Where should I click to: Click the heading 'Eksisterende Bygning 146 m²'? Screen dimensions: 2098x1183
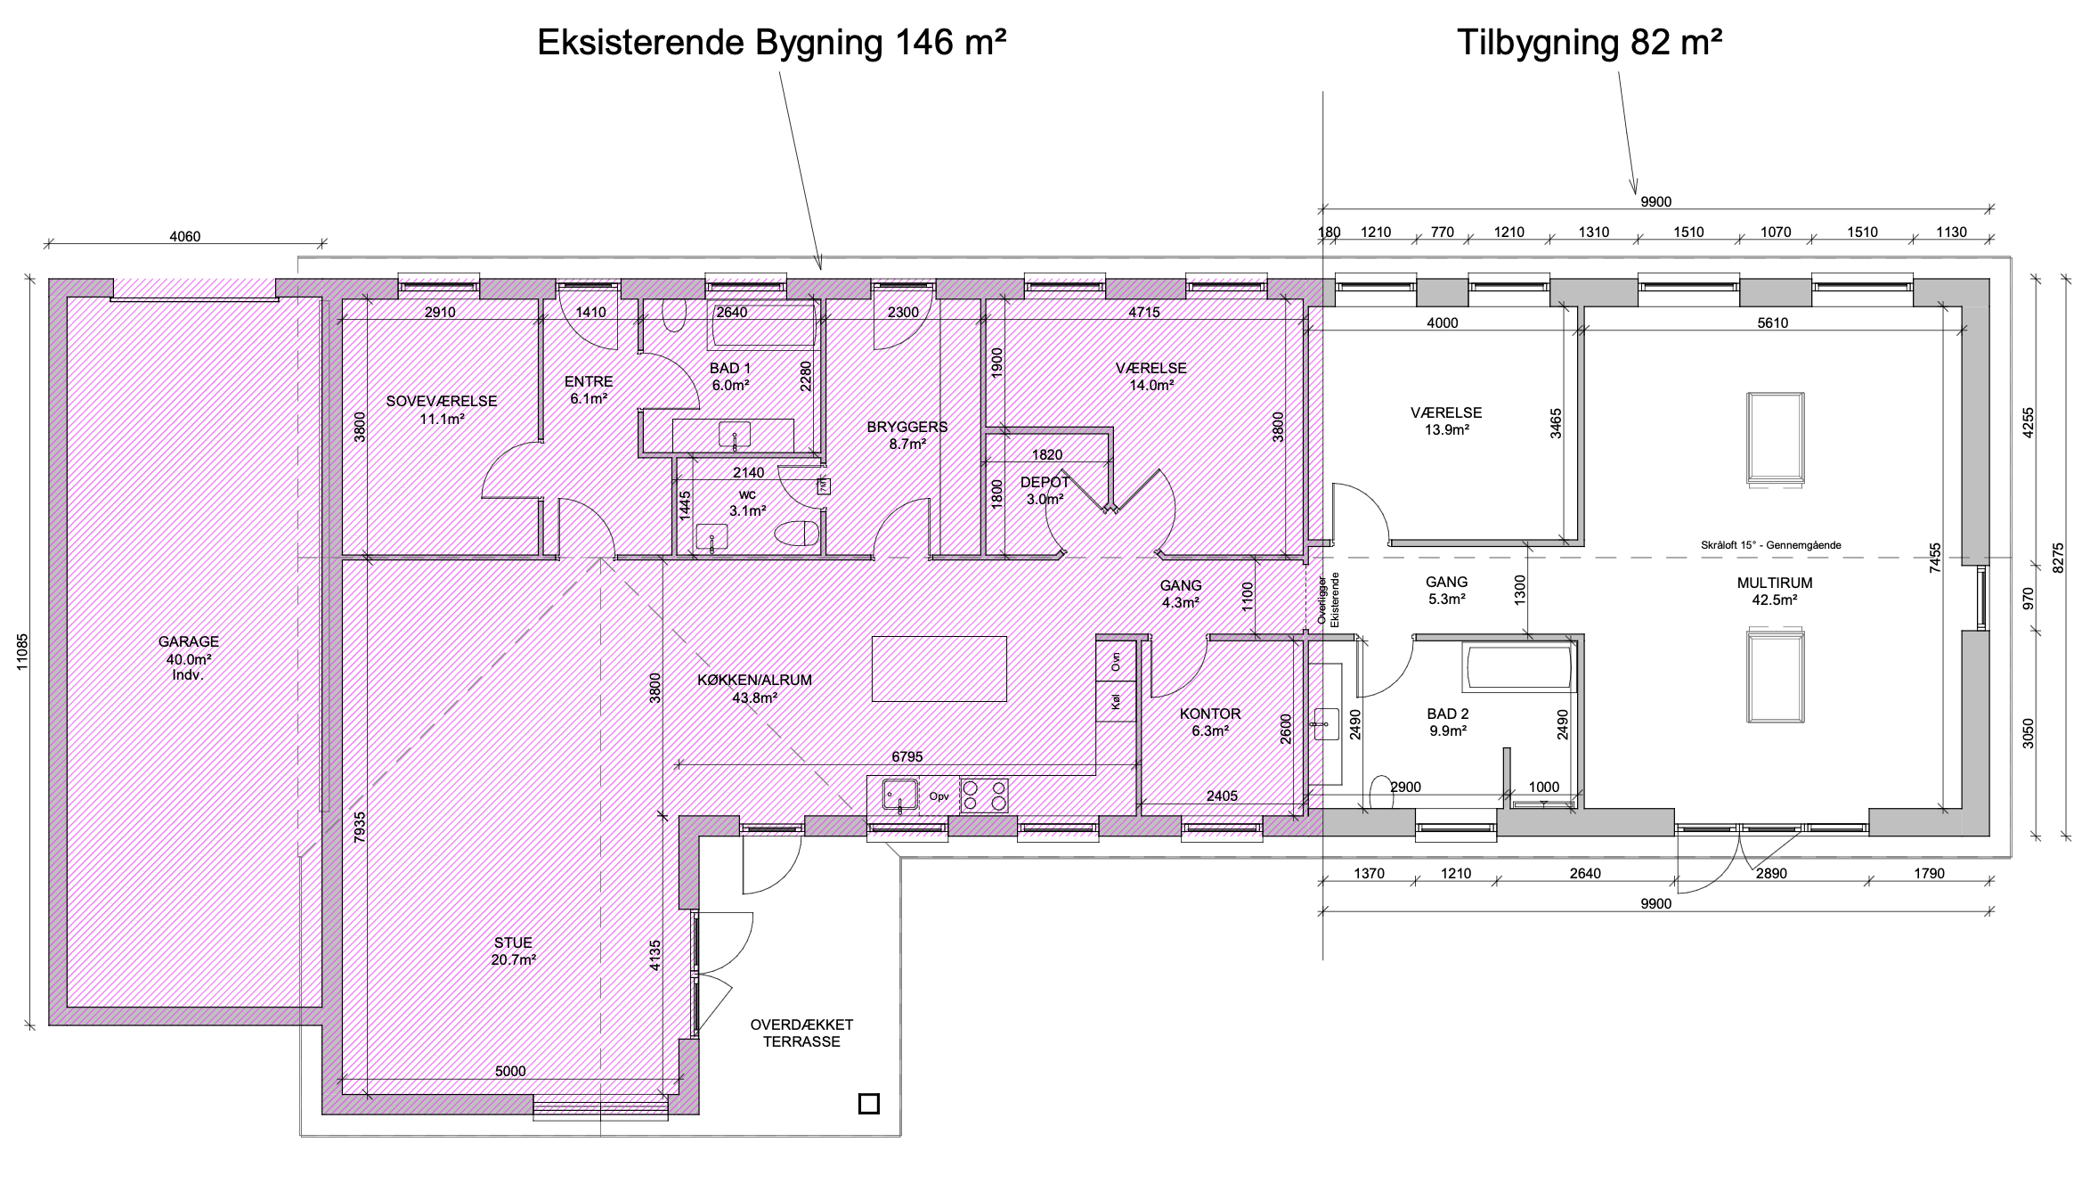coord(772,42)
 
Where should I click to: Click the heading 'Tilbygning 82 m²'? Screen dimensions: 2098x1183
coord(1590,42)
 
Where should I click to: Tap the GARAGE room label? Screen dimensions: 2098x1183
coord(188,641)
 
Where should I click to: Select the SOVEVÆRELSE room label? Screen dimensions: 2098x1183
coord(442,402)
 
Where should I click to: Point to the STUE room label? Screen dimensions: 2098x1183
coord(513,942)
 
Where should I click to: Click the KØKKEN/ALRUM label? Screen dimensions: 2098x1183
coord(754,680)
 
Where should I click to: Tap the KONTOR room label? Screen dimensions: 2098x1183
coord(1210,714)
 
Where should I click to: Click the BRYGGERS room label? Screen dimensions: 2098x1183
coord(907,427)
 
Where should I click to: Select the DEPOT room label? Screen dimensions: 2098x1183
coord(1045,483)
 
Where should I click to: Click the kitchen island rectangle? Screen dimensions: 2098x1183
coord(939,668)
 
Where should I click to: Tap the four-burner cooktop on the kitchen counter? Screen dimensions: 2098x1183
coord(984,795)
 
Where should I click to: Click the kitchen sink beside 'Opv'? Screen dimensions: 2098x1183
coord(900,795)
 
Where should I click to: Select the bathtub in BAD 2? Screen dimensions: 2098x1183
coord(1518,669)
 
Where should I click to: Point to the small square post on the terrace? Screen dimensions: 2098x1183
coord(868,1104)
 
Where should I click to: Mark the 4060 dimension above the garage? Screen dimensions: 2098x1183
coord(184,237)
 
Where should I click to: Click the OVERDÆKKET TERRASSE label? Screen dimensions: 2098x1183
coord(801,1033)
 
